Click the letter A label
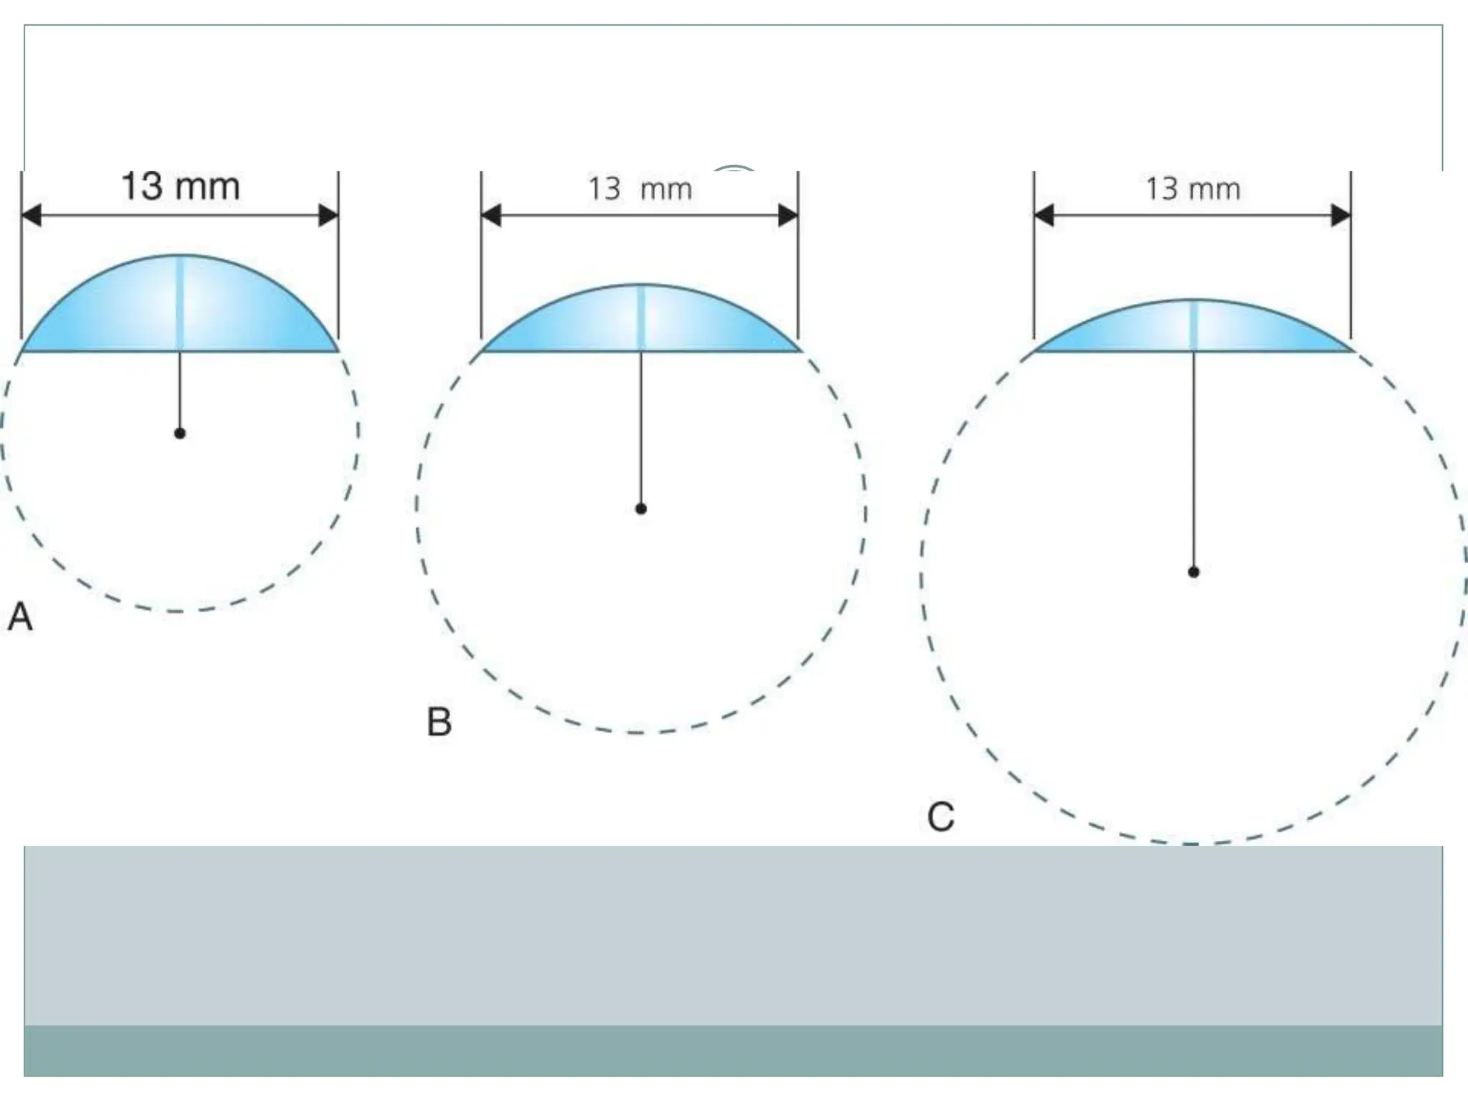(x=20, y=617)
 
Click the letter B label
(x=439, y=722)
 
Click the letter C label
(x=940, y=817)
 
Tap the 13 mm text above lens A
(x=180, y=186)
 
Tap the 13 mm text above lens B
(x=640, y=189)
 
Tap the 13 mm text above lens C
(x=1193, y=189)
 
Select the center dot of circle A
(x=180, y=433)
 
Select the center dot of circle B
(x=641, y=509)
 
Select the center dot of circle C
(x=1193, y=572)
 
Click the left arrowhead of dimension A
(x=32, y=215)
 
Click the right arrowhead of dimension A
(x=328, y=215)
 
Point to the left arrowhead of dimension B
(x=491, y=215)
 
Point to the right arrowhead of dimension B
(x=788, y=215)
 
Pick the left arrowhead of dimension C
(x=1044, y=215)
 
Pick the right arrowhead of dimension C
(x=1340, y=215)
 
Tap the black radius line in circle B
(x=641, y=430)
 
